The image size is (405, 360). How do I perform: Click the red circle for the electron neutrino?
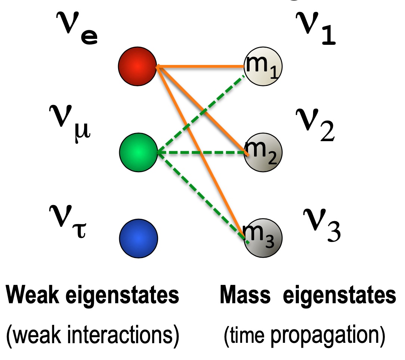coord(137,66)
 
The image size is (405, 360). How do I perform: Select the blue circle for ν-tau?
coord(139,238)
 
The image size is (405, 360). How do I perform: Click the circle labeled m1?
coord(263,67)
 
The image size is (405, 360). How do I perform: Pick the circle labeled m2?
coord(263,152)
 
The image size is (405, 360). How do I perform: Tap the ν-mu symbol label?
coord(69,119)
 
